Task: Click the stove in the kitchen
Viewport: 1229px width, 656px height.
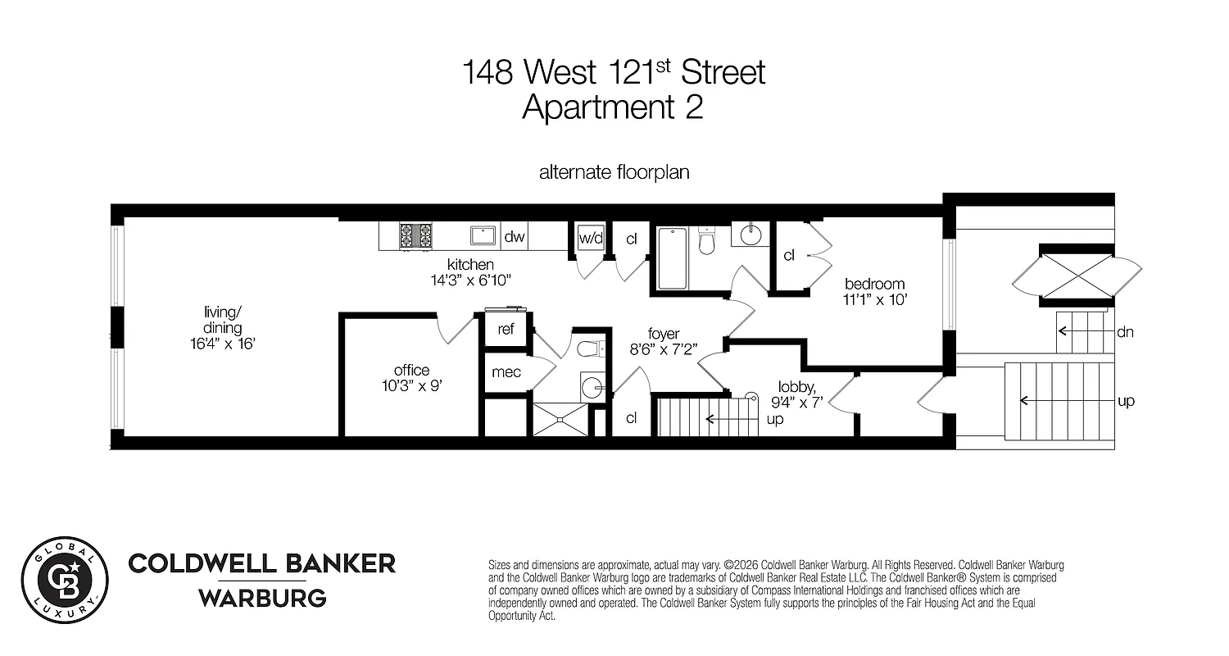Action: (x=415, y=236)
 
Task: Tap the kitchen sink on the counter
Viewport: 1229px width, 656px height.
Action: (x=483, y=236)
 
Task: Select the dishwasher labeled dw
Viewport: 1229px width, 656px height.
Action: (x=514, y=237)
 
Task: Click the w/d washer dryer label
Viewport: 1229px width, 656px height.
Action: (x=590, y=239)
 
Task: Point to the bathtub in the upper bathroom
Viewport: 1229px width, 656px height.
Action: (x=672, y=257)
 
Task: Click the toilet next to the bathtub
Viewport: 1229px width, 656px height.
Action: (x=708, y=239)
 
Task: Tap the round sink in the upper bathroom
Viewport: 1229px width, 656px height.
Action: (x=750, y=235)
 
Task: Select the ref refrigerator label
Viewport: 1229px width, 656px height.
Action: (x=506, y=330)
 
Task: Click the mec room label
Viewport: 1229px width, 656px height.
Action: (x=506, y=372)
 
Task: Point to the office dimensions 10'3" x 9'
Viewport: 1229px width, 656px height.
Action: (x=411, y=386)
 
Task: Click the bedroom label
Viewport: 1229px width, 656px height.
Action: (x=876, y=284)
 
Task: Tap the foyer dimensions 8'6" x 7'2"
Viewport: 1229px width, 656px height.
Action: (x=663, y=348)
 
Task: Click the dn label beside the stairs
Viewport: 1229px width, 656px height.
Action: (x=1124, y=332)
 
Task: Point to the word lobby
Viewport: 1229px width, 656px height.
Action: (x=795, y=386)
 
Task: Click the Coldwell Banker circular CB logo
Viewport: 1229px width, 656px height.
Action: (x=65, y=576)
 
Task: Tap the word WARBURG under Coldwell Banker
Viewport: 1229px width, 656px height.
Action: (x=262, y=598)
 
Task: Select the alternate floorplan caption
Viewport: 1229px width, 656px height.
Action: (x=614, y=173)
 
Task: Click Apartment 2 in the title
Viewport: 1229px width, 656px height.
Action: (x=613, y=107)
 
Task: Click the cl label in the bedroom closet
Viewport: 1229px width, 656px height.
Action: (x=789, y=255)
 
